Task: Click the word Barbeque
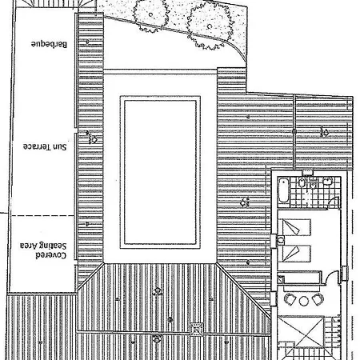click(x=49, y=44)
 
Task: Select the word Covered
click(x=50, y=255)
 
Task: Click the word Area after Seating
click(x=29, y=246)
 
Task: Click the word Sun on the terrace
click(x=58, y=147)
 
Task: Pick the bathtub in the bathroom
click(x=283, y=190)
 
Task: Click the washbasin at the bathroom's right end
click(x=327, y=182)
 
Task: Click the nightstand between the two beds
click(x=281, y=241)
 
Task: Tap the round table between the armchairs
click(x=303, y=301)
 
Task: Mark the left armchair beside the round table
click(x=290, y=299)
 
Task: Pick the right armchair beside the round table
click(x=318, y=299)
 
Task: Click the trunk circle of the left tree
click(x=150, y=14)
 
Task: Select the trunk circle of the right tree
click(x=210, y=26)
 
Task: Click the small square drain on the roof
click(x=197, y=330)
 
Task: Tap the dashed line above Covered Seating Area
click(x=42, y=215)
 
